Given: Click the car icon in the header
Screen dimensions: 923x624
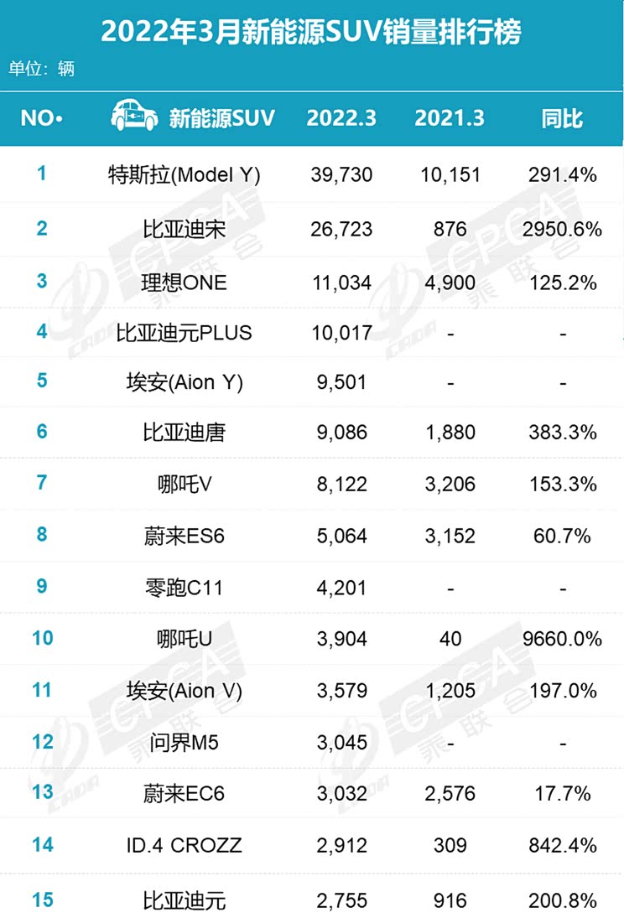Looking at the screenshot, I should tap(134, 117).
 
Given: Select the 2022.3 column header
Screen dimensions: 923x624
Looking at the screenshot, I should tap(341, 118).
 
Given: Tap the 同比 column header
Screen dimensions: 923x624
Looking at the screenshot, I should tap(562, 118).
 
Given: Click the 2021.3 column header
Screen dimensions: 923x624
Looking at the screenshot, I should tap(450, 118).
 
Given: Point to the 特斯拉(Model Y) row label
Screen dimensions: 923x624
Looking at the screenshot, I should tap(185, 175).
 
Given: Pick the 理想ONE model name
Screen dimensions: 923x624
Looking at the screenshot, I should tap(185, 282).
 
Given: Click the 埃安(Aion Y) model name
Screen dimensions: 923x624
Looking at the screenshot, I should tap(185, 381).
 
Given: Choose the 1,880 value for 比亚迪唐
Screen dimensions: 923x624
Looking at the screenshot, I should tap(450, 433).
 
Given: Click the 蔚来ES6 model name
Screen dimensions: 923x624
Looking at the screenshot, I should tap(185, 536).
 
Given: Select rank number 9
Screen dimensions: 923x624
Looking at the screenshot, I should tap(42, 587).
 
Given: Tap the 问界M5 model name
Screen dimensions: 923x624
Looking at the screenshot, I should tap(185, 742).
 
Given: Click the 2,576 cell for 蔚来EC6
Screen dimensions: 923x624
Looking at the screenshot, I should tap(450, 793).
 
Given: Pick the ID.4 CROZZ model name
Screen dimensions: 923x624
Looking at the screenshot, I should tap(185, 845).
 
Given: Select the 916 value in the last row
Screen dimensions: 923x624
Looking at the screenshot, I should tap(450, 900).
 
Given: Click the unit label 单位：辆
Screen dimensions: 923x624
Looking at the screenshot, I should tap(42, 69).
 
